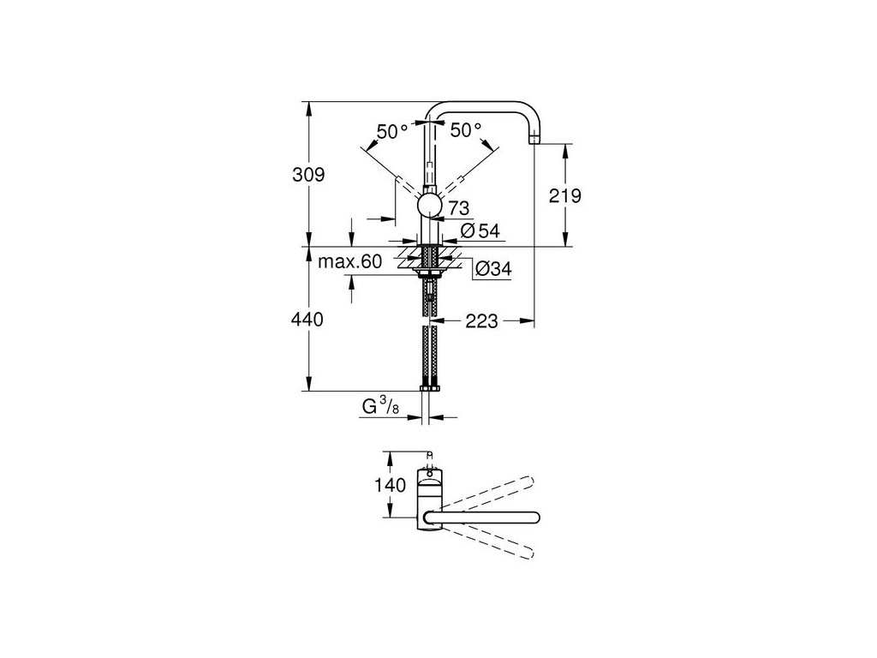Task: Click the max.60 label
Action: [x=349, y=262]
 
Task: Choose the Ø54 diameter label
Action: [x=480, y=230]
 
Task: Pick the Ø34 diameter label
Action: [x=492, y=269]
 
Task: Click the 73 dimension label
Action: [x=457, y=207]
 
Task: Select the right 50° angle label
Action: [x=466, y=131]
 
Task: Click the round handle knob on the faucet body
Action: [x=429, y=206]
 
